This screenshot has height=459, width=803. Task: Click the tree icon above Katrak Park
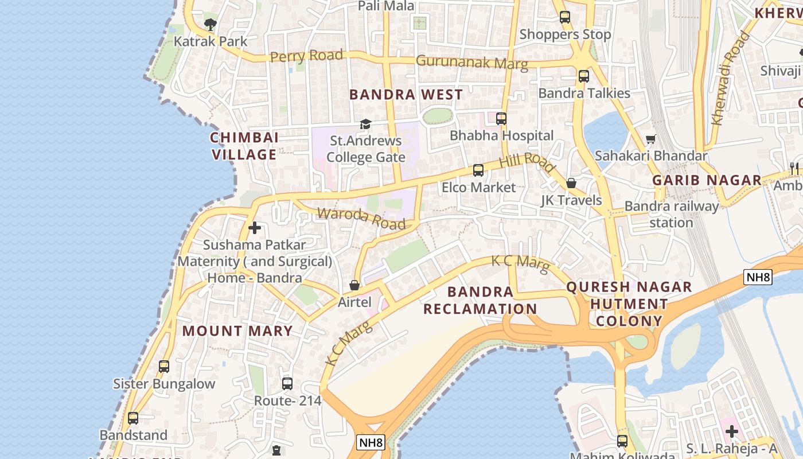pos(211,24)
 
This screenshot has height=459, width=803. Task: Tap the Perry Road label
pos(306,56)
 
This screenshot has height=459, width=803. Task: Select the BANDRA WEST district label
pos(406,95)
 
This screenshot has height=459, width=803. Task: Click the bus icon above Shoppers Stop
pos(565,17)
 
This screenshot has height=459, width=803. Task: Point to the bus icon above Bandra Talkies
pos(584,76)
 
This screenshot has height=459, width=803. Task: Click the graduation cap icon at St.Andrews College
pos(365,124)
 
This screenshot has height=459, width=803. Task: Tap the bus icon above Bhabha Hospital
pos(501,119)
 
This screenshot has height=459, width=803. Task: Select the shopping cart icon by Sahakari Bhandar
pos(651,139)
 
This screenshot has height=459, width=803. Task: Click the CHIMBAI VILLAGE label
pos(245,146)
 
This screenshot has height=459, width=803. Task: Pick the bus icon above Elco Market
pos(478,170)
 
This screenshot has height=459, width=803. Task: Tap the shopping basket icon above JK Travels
pos(571,183)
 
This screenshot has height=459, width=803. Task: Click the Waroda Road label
pos(361,218)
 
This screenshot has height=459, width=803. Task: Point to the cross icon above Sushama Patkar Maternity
pos(255,228)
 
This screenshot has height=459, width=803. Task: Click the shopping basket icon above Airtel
pos(354,285)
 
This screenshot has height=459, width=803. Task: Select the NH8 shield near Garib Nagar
pos(758,277)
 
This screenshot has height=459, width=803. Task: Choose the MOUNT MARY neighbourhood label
pos(237,331)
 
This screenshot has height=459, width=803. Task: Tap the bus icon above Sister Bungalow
pos(164,366)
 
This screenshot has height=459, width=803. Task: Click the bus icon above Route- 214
pos(287,383)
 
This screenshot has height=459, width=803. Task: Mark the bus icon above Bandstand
pos(133,418)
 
